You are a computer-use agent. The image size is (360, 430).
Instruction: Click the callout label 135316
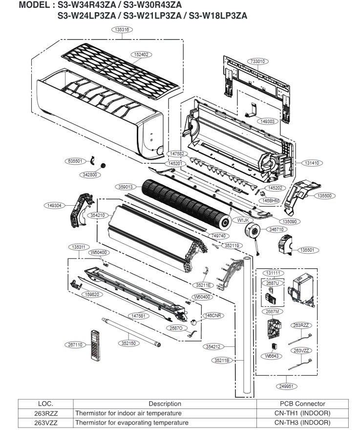pyautogui.click(x=123, y=30)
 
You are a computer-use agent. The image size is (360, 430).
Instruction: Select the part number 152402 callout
pyautogui.click(x=142, y=54)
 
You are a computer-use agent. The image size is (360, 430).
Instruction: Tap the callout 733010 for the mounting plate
pyautogui.click(x=257, y=62)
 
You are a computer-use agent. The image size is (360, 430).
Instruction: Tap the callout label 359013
pyautogui.click(x=127, y=187)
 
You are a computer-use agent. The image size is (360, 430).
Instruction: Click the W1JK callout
pyautogui.click(x=243, y=220)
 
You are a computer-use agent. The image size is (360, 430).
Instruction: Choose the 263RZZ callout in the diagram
pyautogui.click(x=302, y=325)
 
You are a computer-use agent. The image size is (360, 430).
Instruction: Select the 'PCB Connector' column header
pyautogui.click(x=302, y=404)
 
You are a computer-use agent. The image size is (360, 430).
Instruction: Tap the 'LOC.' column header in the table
pyautogui.click(x=45, y=404)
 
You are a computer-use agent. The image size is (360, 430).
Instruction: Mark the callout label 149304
pyautogui.click(x=54, y=206)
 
